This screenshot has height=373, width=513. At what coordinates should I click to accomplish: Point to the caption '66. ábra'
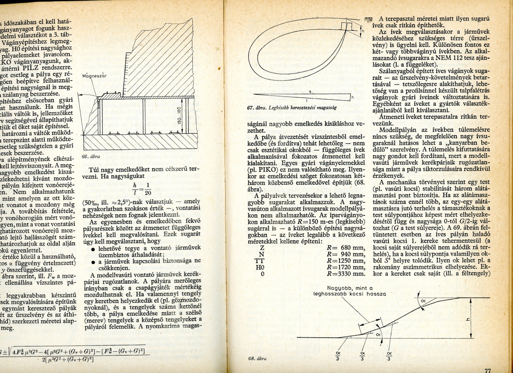click(x=90, y=156)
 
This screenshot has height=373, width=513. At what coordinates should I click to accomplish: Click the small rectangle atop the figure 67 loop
click(x=347, y=26)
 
